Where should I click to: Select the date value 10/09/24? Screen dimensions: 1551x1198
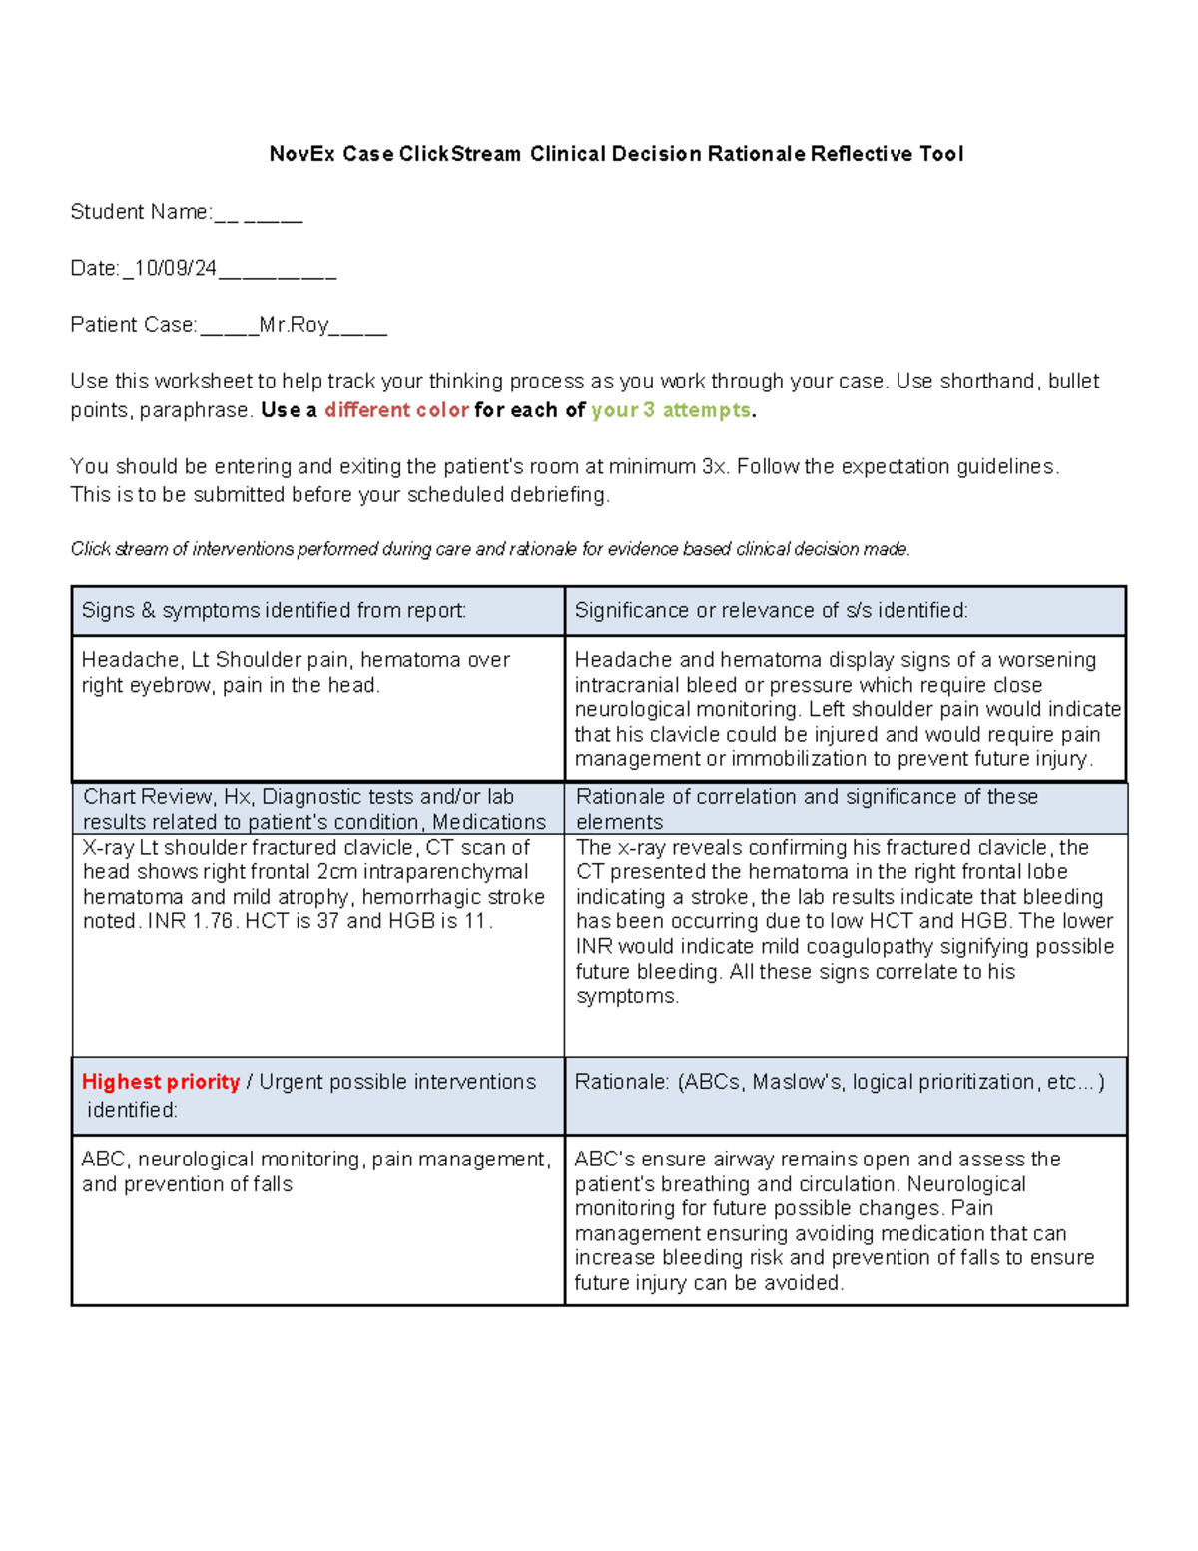coord(176,268)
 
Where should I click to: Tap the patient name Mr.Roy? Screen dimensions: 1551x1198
coord(294,325)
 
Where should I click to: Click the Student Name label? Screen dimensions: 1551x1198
coord(140,212)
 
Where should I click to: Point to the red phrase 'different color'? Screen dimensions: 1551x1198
coord(396,410)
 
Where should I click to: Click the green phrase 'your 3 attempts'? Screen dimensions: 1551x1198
coord(670,410)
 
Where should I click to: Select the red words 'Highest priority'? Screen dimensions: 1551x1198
coord(161,1082)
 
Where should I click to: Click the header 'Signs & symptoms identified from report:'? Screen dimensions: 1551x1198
coord(274,611)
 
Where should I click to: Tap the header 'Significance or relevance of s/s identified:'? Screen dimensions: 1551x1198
coord(771,611)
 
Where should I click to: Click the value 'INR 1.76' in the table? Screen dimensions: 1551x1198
coord(193,921)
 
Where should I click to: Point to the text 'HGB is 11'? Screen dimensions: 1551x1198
coord(439,921)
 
